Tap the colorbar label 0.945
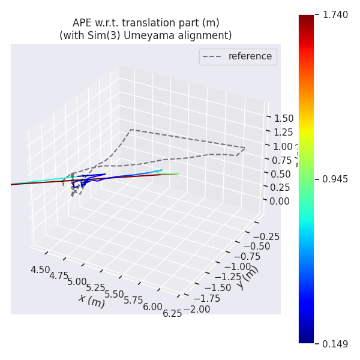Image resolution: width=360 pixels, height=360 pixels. [335, 179]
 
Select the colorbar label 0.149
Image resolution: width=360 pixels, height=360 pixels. [335, 344]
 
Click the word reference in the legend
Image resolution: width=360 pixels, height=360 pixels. [250, 56]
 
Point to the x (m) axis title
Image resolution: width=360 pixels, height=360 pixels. [91, 299]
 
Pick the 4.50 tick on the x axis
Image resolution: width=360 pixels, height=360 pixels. [40, 269]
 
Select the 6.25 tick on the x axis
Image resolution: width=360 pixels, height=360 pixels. [172, 313]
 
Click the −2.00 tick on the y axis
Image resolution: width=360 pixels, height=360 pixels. [196, 309]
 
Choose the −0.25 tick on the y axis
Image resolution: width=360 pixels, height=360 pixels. [265, 236]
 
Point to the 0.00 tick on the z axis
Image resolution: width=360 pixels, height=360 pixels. [280, 200]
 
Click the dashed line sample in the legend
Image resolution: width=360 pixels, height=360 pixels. [213, 56]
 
